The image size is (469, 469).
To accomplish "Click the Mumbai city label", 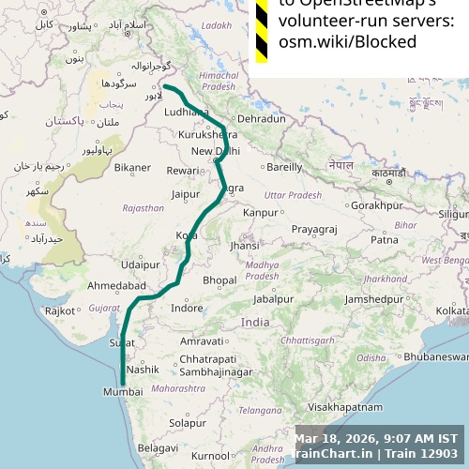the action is coord(125,392).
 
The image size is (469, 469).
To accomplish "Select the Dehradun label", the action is coord(261,119).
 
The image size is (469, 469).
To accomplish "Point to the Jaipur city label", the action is coord(186,195).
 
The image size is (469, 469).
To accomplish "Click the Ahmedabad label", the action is coord(116,285).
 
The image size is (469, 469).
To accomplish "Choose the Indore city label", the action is coord(187,308).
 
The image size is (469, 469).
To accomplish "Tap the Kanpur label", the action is coord(260,213).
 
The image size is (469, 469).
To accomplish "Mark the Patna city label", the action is coord(385,240).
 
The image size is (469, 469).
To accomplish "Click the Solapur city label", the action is coord(188,423).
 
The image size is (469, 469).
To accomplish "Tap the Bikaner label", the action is coord(132,168).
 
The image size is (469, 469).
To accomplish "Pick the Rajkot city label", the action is coord(60,310).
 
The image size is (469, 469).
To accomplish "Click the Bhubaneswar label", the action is coord(430,357).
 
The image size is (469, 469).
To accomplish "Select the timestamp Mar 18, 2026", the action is coord(336,438).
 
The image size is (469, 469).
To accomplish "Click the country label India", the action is coord(255,322).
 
